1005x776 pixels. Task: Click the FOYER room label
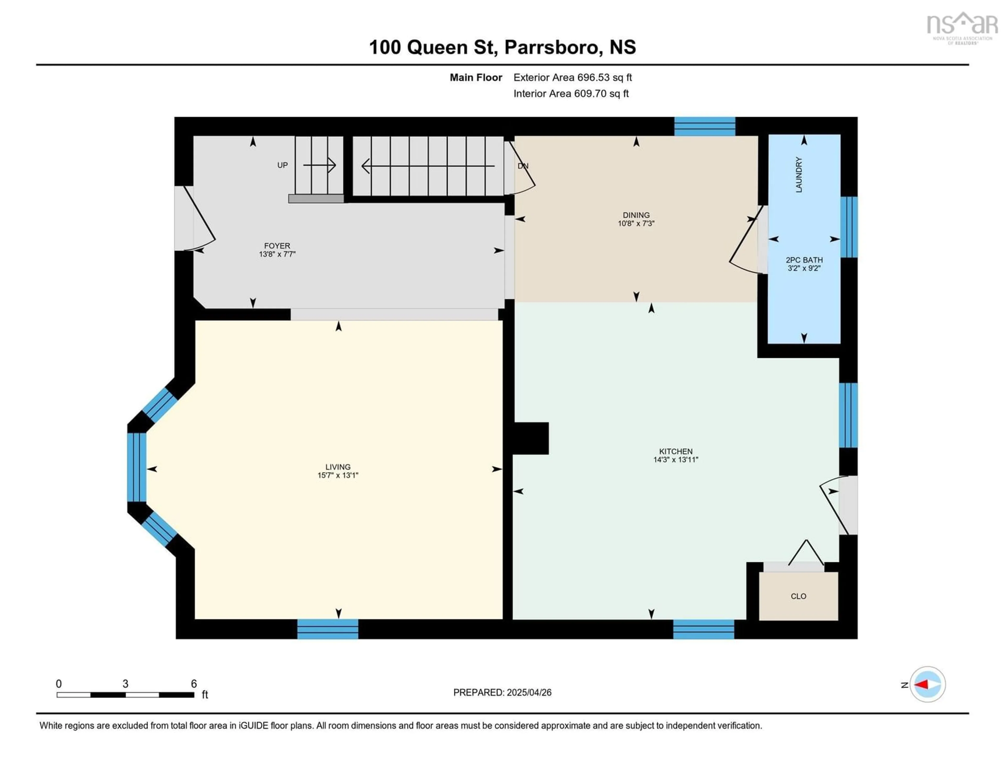[277, 246]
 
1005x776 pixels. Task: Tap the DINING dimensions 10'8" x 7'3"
[636, 223]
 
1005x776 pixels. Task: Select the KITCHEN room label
[675, 451]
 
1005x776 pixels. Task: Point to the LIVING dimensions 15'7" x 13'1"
[338, 475]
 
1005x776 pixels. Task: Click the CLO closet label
[799, 596]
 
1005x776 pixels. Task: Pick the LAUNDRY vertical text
[799, 175]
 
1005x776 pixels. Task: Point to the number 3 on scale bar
[125, 684]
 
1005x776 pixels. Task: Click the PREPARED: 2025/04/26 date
[502, 692]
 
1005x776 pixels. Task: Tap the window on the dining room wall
[705, 126]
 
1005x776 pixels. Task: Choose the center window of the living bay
[137, 467]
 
